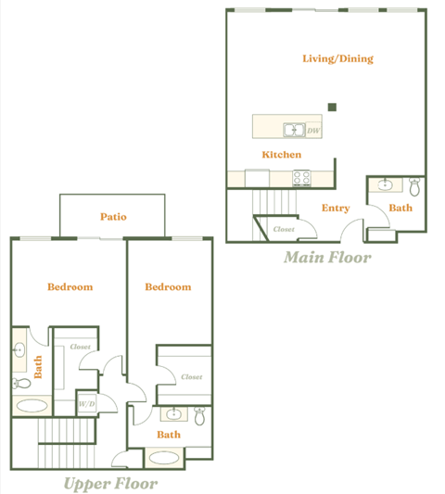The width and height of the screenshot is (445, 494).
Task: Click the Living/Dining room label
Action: (x=337, y=58)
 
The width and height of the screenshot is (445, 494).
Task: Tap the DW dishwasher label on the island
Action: (x=313, y=131)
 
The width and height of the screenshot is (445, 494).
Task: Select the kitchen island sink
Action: (x=294, y=130)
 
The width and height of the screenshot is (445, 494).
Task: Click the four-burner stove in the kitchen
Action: (x=303, y=176)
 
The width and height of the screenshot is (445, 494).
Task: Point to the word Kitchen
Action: (x=280, y=155)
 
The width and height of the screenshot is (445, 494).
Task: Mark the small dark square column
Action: (x=332, y=107)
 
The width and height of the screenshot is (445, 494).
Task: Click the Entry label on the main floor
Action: (x=336, y=208)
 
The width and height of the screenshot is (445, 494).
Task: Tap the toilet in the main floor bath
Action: (x=414, y=187)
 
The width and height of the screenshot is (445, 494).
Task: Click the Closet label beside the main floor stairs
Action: (x=284, y=228)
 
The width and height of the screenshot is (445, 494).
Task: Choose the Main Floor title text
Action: (x=327, y=258)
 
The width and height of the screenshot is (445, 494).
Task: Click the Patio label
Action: (x=113, y=217)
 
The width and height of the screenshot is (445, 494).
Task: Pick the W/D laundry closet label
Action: (x=87, y=403)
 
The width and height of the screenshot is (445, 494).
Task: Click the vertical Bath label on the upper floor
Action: (x=39, y=367)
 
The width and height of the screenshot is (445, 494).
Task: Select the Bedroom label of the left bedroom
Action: (x=70, y=286)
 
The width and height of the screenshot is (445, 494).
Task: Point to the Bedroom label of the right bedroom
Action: (x=168, y=286)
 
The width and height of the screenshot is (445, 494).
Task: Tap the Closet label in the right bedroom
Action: (x=191, y=377)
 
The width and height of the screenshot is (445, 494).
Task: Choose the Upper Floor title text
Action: (x=110, y=483)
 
